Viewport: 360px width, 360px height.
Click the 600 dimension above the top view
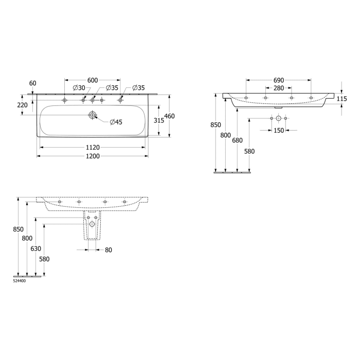(x=93, y=80)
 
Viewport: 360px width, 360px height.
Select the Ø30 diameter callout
(x=79, y=88)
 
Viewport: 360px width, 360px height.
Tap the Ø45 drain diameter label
(x=116, y=122)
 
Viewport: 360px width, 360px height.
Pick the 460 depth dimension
(x=169, y=116)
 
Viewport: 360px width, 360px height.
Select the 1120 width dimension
(x=93, y=147)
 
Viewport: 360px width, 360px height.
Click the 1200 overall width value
(x=93, y=156)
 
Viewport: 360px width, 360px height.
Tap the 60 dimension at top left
(x=33, y=83)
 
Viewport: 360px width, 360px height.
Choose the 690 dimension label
(x=278, y=81)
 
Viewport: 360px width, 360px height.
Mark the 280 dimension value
(x=278, y=88)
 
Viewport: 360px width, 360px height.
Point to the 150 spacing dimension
(x=278, y=131)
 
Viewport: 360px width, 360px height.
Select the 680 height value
(x=237, y=140)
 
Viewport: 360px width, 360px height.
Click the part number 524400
(x=20, y=281)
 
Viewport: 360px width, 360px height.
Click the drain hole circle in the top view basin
(x=93, y=115)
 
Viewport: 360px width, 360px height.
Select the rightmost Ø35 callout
(x=138, y=88)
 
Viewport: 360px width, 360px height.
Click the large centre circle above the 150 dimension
(x=278, y=119)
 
